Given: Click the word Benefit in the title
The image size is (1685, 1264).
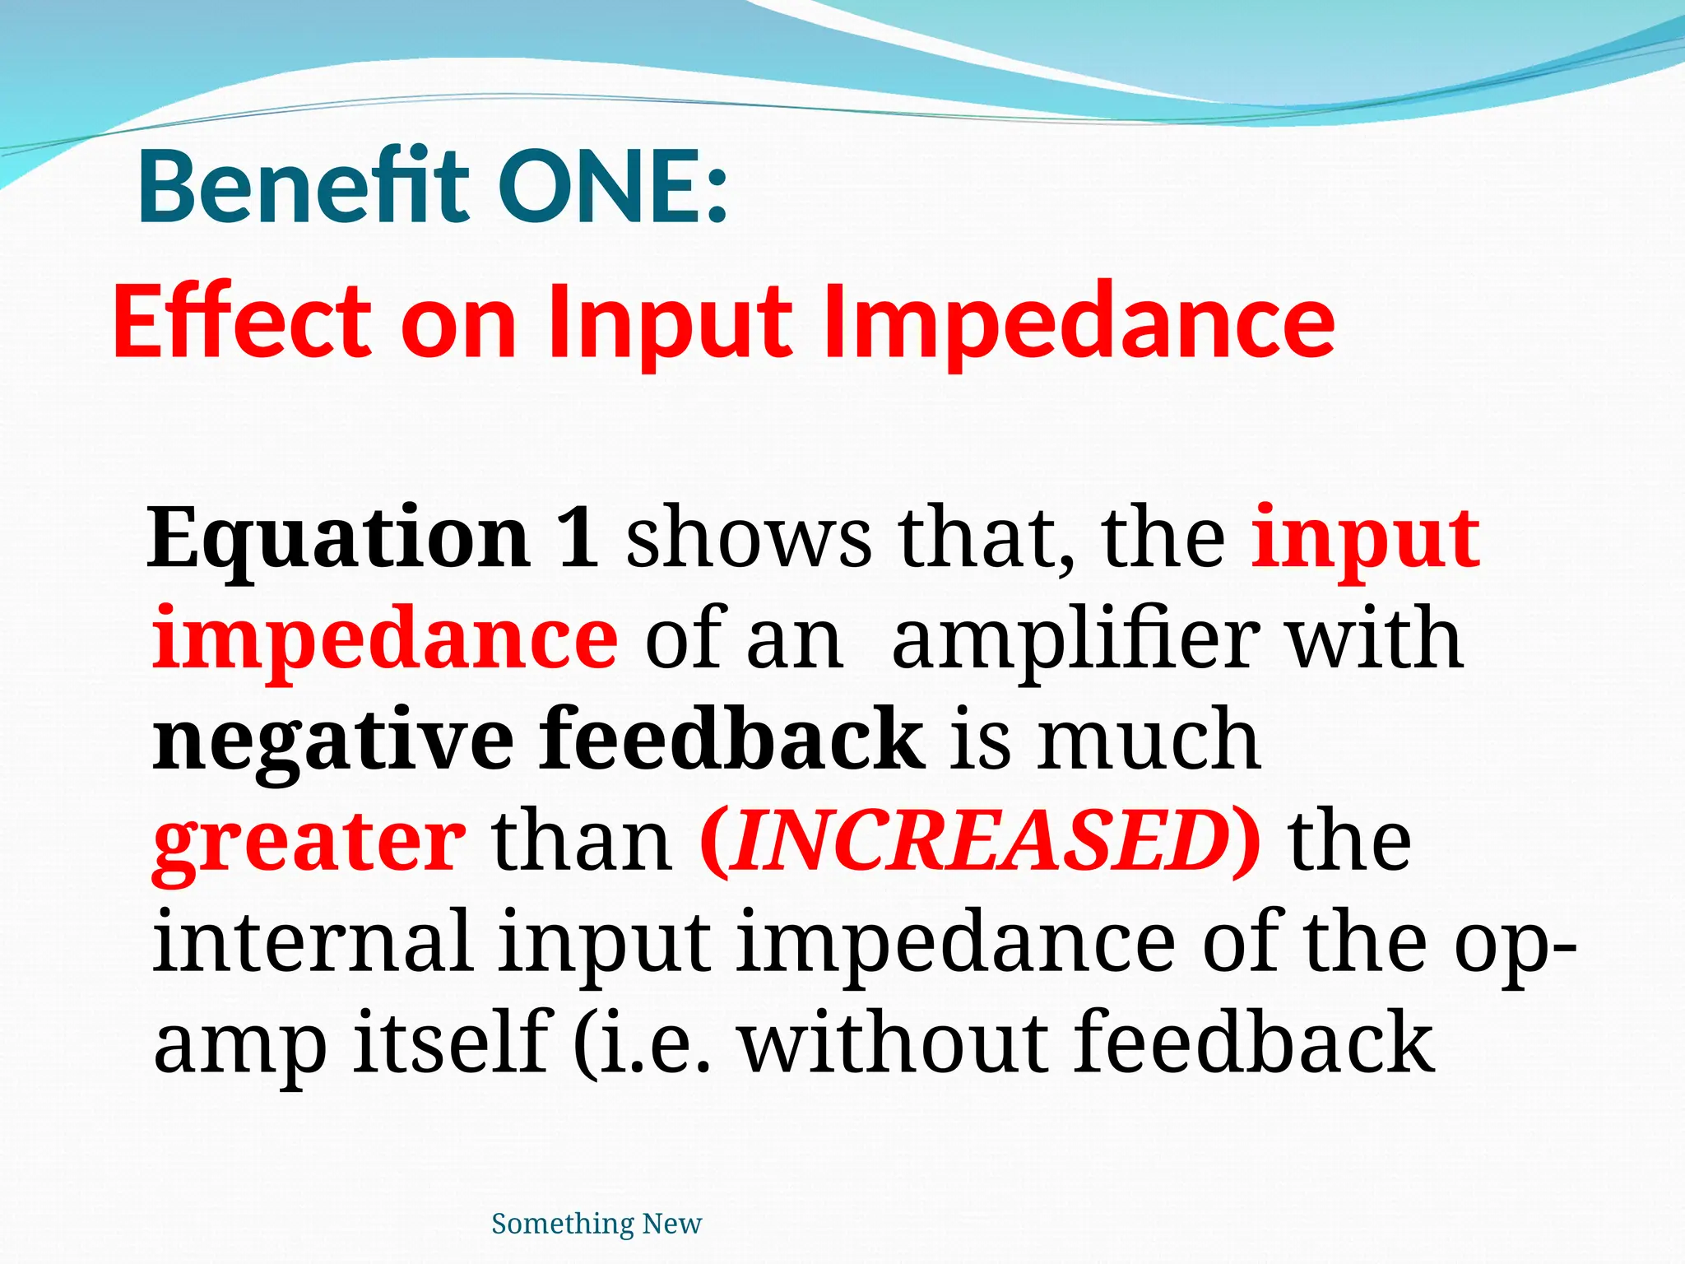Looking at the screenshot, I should tap(304, 187).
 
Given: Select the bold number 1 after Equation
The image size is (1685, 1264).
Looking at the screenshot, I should tap(578, 539).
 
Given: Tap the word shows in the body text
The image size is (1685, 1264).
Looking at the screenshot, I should tap(749, 539).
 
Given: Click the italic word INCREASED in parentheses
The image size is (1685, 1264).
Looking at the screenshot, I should tap(979, 841).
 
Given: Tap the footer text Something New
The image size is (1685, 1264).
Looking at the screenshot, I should tap(596, 1224).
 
